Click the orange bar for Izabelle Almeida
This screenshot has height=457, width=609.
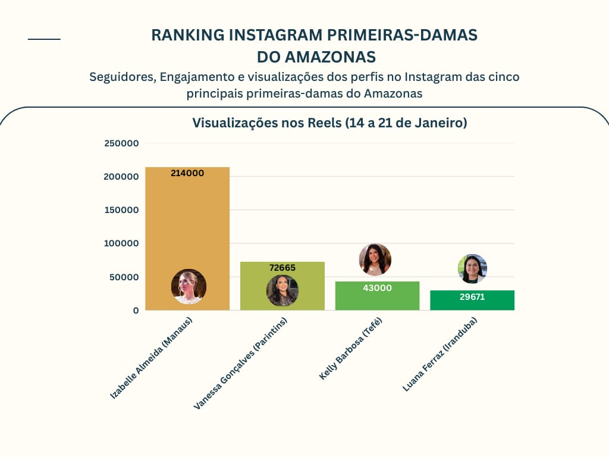coord(187,226)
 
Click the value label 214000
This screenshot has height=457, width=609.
coord(187,174)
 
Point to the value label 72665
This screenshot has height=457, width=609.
coord(282,268)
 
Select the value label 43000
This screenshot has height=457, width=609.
coord(377,288)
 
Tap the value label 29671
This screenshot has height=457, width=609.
coord(472,296)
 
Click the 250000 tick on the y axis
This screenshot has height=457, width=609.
coord(121,143)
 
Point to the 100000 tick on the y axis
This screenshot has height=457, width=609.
coord(121,243)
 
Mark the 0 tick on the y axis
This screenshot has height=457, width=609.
coord(136,310)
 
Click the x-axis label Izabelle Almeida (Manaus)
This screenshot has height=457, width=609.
coord(152,358)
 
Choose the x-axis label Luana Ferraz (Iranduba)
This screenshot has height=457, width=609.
coord(440,354)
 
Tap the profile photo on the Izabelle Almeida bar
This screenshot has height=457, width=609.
coord(189,286)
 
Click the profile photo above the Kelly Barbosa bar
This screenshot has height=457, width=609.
coord(375,259)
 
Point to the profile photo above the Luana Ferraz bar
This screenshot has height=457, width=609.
coord(472,269)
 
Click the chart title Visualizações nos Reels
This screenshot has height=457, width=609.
coord(329,123)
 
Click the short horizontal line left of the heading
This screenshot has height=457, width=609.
coord(44,39)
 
